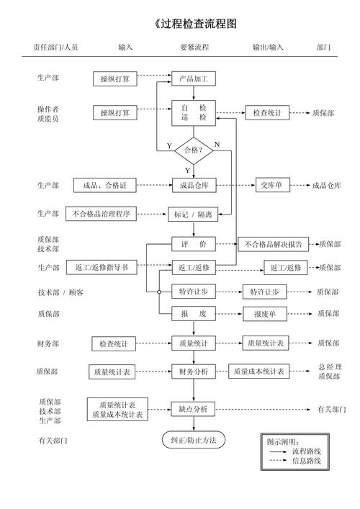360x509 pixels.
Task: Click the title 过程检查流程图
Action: (x=195, y=24)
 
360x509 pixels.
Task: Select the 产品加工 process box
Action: (x=194, y=78)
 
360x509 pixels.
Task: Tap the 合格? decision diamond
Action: (x=194, y=150)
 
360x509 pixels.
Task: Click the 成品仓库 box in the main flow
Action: (x=194, y=186)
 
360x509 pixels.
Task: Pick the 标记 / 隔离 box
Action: (x=194, y=214)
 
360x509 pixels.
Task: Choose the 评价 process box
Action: (x=194, y=244)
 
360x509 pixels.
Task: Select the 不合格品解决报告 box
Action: (x=274, y=244)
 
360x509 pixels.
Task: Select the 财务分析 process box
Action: (x=194, y=372)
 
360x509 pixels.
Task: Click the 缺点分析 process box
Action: (x=193, y=409)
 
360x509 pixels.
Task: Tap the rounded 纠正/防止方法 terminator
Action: (x=193, y=440)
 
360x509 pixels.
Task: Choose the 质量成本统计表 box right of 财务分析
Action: (x=259, y=372)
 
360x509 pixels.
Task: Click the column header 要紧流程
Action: (x=194, y=48)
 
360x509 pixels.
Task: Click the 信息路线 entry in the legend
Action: (x=306, y=460)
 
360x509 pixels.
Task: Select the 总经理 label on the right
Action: (x=330, y=366)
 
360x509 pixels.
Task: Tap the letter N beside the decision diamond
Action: (x=217, y=145)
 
